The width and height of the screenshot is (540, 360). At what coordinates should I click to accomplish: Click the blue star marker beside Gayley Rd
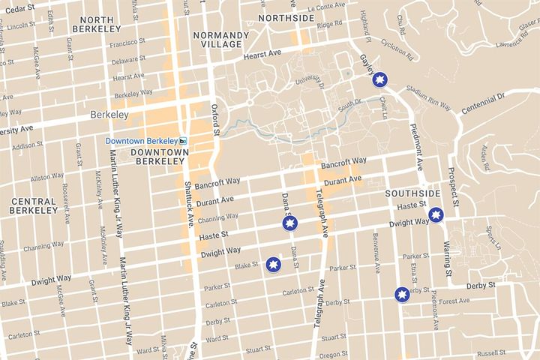pos(380,79)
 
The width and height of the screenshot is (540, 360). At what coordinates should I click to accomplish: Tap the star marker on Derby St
pos(403,294)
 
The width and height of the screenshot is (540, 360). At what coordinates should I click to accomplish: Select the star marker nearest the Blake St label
pos(274,265)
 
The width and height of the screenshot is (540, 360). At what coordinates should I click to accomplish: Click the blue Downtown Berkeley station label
pos(141,141)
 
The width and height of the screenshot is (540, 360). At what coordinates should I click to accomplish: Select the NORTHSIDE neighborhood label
pos(286,17)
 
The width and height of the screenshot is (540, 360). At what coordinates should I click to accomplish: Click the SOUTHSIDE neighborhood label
pos(412,193)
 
